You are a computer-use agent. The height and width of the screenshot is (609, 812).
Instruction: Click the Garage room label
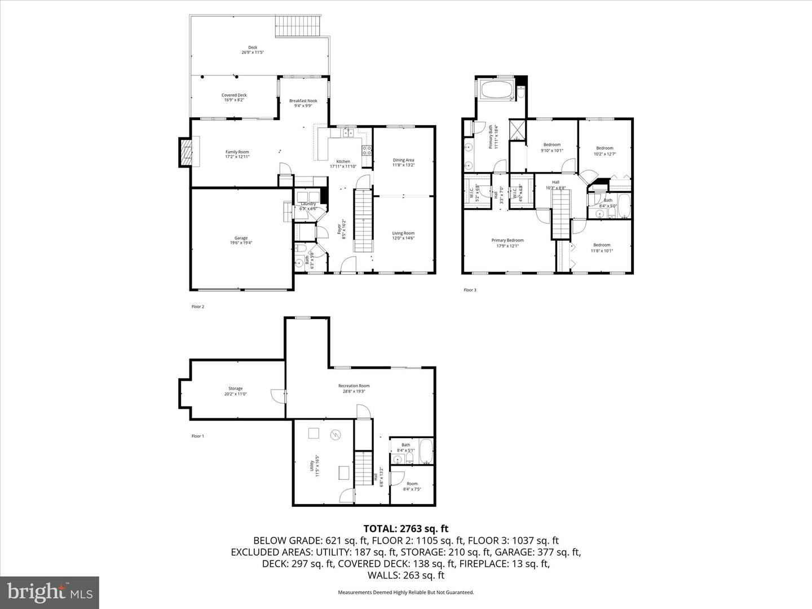pyautogui.click(x=241, y=238)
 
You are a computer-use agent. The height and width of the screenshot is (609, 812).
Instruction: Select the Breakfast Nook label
pyautogui.click(x=303, y=101)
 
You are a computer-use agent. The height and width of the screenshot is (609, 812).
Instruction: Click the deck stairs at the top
pyautogui.click(x=298, y=27)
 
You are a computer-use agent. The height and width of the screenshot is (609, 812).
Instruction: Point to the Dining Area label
pyautogui.click(x=403, y=160)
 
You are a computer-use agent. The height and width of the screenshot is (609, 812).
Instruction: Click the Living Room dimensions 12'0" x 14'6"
pyautogui.click(x=403, y=238)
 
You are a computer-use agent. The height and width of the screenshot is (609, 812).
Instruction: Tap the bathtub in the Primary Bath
pyautogui.click(x=496, y=90)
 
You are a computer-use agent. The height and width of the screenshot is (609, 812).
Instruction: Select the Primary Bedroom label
pyautogui.click(x=507, y=240)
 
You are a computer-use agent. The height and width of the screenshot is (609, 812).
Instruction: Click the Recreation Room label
pyautogui.click(x=354, y=386)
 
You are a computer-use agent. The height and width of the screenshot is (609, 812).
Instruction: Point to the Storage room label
pyautogui.click(x=235, y=389)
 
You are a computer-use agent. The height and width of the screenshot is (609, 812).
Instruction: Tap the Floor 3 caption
pyautogui.click(x=470, y=290)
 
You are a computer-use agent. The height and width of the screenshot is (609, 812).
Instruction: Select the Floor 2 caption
pyautogui.click(x=197, y=307)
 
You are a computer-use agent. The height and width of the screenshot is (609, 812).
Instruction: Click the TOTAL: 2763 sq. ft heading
pyautogui.click(x=405, y=528)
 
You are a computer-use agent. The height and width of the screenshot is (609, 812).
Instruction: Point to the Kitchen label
pyautogui.click(x=343, y=161)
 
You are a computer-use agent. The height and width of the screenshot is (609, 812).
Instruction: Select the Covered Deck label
pyautogui.click(x=234, y=95)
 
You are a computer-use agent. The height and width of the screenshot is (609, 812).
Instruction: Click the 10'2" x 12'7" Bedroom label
pyautogui.click(x=604, y=148)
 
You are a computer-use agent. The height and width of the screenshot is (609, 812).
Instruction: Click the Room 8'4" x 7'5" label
pyautogui.click(x=412, y=484)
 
